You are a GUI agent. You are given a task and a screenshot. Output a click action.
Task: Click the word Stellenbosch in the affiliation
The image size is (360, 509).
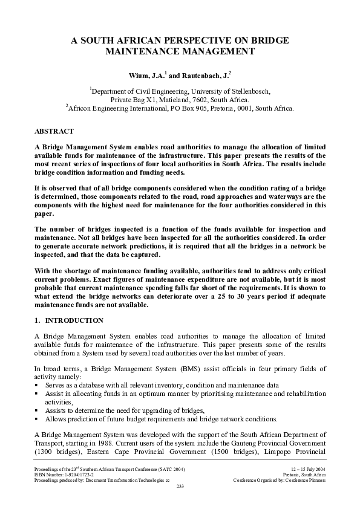248,91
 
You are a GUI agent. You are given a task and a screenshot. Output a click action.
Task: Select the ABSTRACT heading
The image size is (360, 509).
54,131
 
